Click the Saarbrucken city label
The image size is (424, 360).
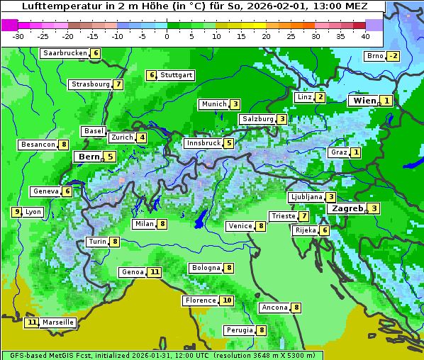[x=65, y=53]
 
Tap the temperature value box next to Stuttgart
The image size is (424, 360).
[x=151, y=75]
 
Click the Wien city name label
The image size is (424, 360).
[x=364, y=101]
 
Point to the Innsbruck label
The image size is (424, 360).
[x=203, y=143]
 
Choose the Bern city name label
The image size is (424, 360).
[x=89, y=157]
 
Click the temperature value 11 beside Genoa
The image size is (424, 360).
[x=154, y=272]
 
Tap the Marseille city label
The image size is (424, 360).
[x=57, y=322]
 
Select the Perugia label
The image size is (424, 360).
[x=240, y=330]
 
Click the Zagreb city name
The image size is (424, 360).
[x=347, y=208]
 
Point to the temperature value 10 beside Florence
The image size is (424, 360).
[x=226, y=300]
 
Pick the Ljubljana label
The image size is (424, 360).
[x=306, y=197]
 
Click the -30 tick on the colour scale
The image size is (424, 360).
[x=18, y=35]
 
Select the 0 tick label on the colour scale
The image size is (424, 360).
[x=167, y=35]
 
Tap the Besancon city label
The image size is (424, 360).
[x=38, y=145]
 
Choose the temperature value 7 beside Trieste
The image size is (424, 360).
[x=303, y=216]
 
